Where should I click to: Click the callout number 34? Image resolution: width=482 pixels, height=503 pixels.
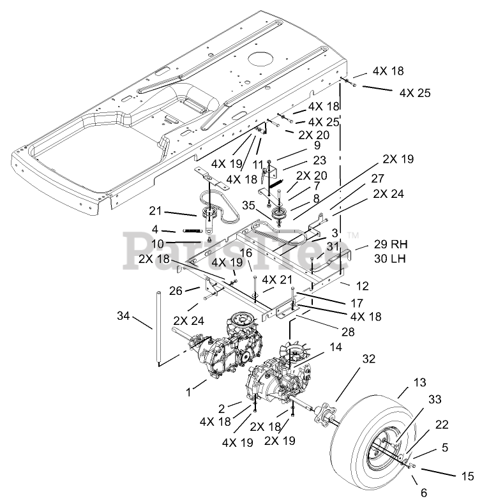123,316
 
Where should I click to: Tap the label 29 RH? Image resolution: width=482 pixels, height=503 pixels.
391,244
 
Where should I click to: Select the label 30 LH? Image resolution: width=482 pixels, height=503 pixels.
389,259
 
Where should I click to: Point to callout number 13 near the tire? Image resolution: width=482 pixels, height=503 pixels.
419,382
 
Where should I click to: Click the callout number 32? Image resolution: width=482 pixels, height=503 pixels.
369,359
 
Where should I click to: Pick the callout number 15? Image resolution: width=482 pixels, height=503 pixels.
467,476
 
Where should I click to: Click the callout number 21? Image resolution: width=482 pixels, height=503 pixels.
155,211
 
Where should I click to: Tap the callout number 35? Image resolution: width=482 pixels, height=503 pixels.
248,206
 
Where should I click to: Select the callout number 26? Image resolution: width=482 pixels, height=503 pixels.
176,291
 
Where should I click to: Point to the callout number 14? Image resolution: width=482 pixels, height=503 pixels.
336,347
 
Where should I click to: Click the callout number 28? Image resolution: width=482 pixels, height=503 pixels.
348,332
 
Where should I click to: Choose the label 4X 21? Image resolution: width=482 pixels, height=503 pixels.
277,280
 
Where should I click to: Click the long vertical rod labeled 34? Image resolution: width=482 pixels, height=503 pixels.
158,327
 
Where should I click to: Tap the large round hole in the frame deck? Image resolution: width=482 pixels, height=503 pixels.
261,60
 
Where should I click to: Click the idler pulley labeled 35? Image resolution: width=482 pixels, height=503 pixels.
278,214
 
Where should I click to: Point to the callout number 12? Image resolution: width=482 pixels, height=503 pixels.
363,286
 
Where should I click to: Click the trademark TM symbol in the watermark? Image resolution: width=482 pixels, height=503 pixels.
353,236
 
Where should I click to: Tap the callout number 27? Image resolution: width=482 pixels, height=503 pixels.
378,179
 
